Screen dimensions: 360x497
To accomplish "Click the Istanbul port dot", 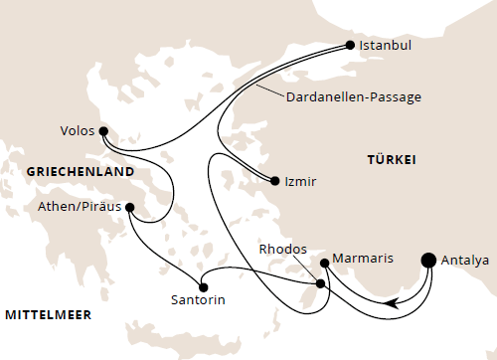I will point(349,45).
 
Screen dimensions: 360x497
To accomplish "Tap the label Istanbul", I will point(387,46).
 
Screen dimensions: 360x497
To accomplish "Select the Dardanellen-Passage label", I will point(354,97).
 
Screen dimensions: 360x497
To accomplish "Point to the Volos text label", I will point(77,130).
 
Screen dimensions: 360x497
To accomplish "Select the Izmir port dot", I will point(273,181).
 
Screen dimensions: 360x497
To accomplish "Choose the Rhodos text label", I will point(283,249).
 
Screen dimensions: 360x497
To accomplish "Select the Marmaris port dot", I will point(324,263).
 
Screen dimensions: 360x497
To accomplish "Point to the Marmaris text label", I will point(364,259).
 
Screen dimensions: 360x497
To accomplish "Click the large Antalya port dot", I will point(429,261).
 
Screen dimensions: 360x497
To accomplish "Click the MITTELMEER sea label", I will point(49,315).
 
